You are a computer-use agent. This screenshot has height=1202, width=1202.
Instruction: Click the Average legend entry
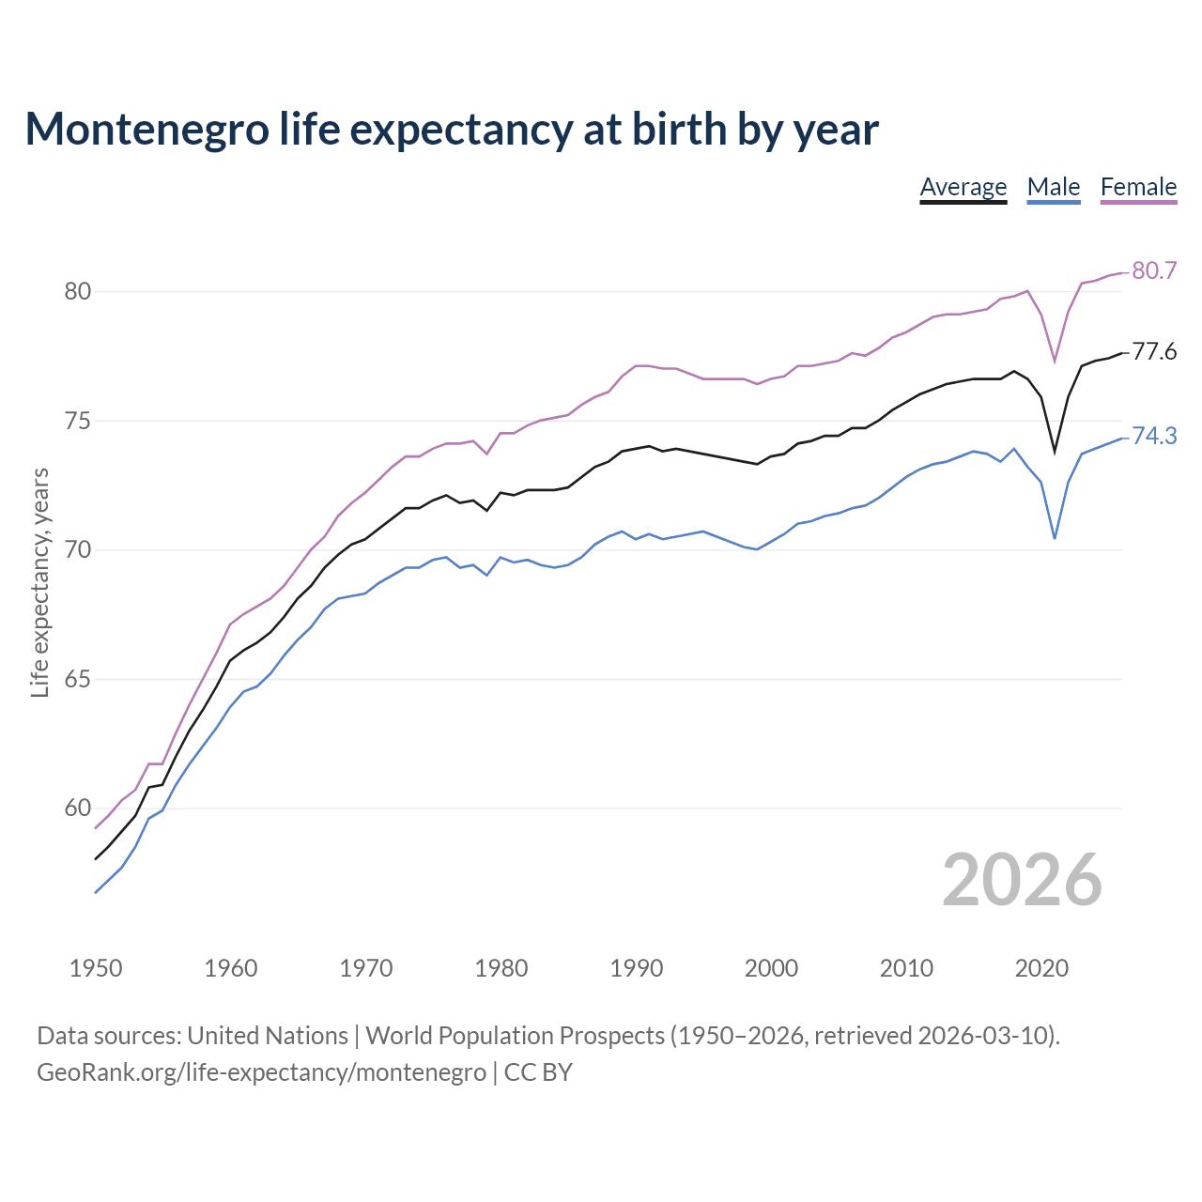click(963, 187)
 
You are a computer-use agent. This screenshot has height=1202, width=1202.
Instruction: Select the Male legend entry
click(1053, 187)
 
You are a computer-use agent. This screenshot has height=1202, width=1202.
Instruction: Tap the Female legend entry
click(1138, 187)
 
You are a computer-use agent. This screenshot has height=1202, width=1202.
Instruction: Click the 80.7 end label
click(1154, 270)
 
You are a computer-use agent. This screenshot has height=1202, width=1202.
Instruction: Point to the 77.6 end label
click(1154, 352)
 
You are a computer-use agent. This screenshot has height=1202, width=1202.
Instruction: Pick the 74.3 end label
click(1154, 436)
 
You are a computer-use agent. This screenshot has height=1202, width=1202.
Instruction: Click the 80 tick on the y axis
click(78, 291)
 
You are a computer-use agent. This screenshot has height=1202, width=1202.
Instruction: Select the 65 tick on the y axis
click(78, 679)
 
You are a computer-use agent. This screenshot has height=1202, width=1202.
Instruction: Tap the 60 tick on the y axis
click(78, 808)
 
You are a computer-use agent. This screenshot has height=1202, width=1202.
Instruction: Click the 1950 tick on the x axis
click(96, 968)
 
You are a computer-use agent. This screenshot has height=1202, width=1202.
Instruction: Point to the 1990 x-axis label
click(636, 968)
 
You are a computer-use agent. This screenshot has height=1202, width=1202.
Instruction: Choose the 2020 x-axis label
click(1041, 968)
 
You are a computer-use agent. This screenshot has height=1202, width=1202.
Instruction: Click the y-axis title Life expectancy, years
click(39, 582)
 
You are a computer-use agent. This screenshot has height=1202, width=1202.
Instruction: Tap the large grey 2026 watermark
click(1022, 880)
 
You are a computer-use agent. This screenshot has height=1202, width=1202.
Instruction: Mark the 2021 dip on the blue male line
click(1055, 538)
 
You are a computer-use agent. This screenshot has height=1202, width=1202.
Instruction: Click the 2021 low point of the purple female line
click(1055, 362)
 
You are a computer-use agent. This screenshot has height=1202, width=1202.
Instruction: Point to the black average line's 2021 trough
click(1055, 452)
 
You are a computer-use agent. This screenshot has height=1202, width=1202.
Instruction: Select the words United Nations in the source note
click(268, 1036)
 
